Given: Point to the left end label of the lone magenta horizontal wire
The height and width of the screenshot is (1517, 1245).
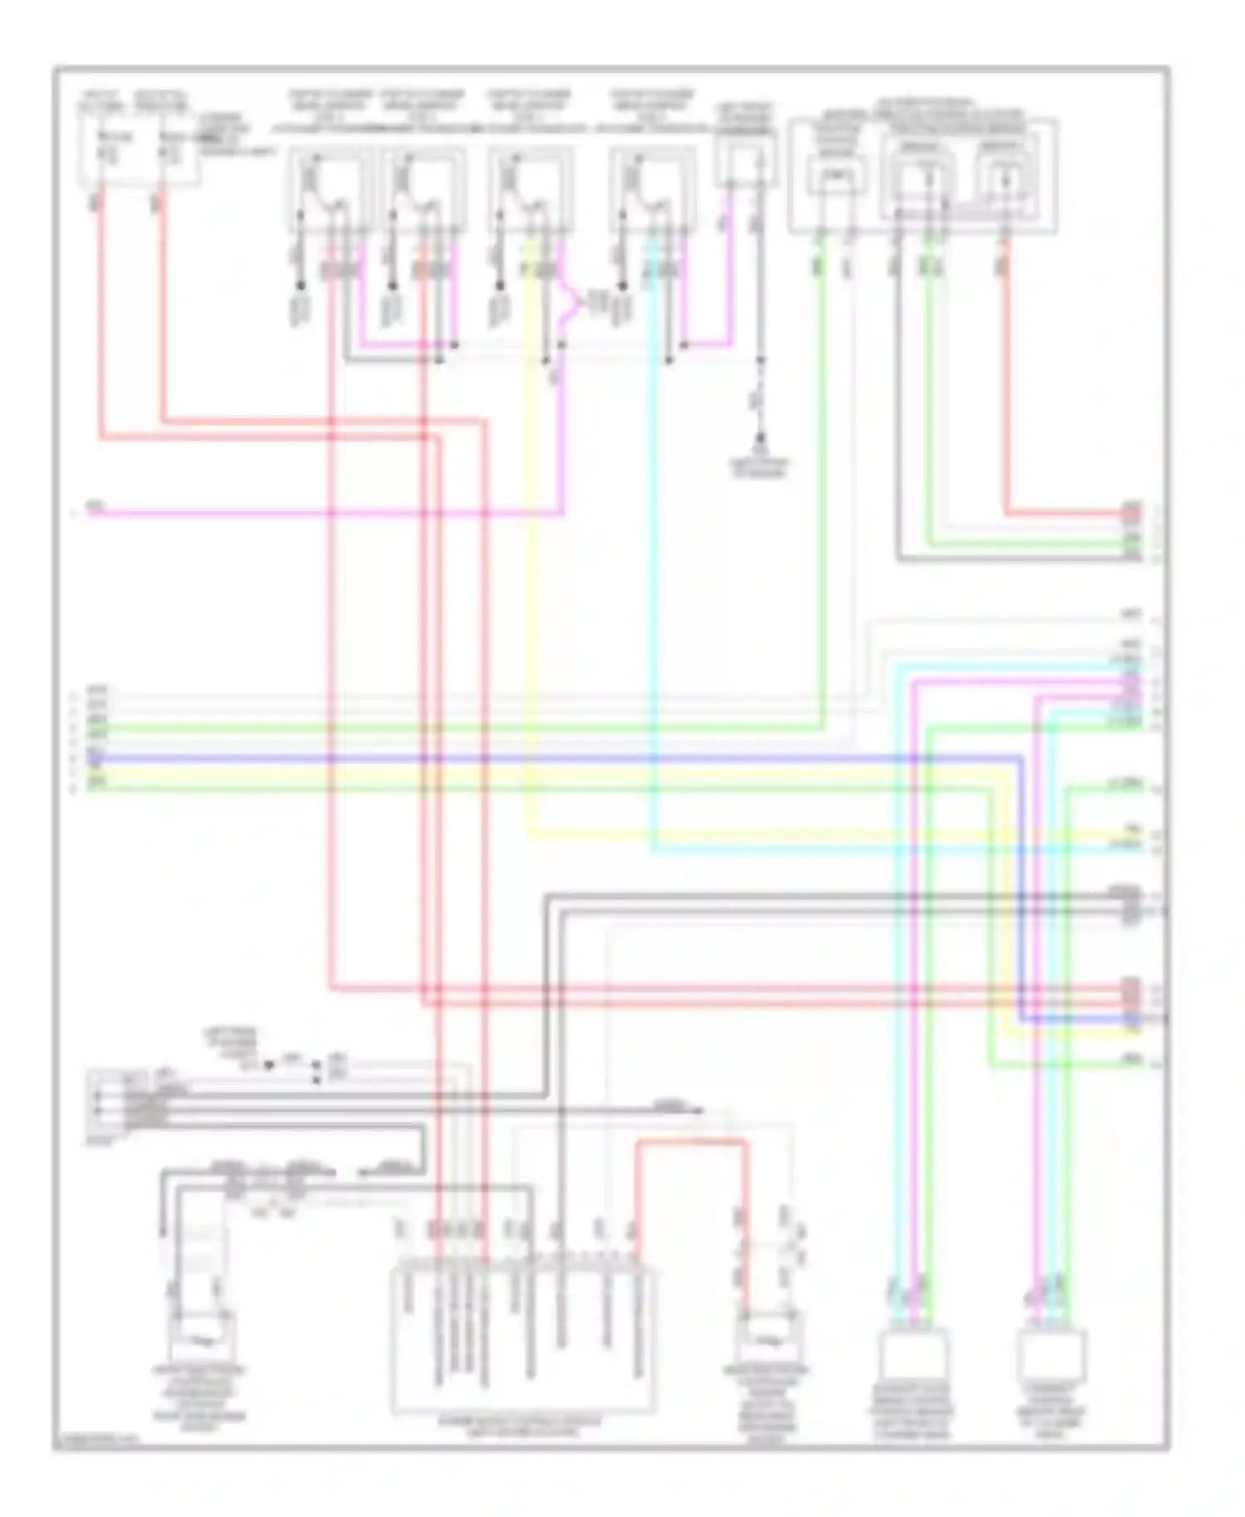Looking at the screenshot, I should click(96, 505).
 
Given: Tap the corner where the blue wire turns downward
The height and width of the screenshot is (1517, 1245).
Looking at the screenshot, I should click(1020, 759).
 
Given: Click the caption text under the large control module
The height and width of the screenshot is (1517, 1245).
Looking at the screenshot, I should click(522, 1427).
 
